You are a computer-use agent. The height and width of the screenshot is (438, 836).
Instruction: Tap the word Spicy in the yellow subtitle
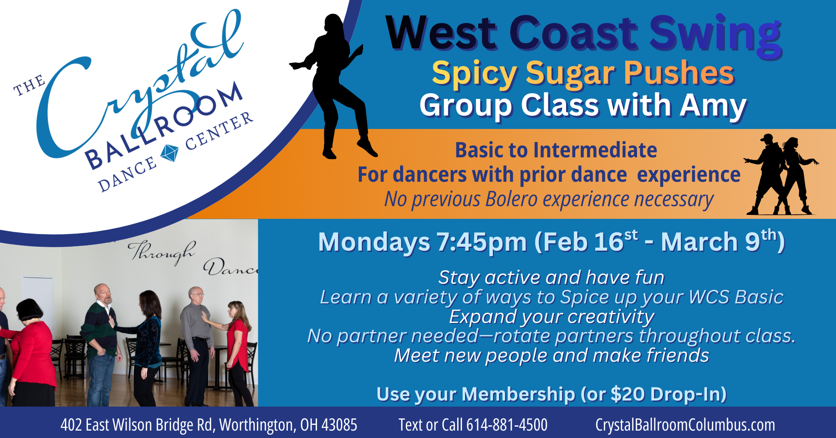[x=474, y=73]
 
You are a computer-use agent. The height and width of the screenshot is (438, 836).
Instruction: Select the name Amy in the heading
[x=714, y=105]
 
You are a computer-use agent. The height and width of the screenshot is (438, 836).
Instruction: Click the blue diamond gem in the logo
[x=169, y=153]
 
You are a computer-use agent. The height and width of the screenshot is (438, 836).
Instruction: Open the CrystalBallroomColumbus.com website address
[x=685, y=425]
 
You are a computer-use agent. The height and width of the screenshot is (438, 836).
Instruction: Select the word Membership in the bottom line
[x=518, y=394]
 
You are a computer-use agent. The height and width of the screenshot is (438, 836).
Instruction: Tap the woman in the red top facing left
[x=237, y=344]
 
